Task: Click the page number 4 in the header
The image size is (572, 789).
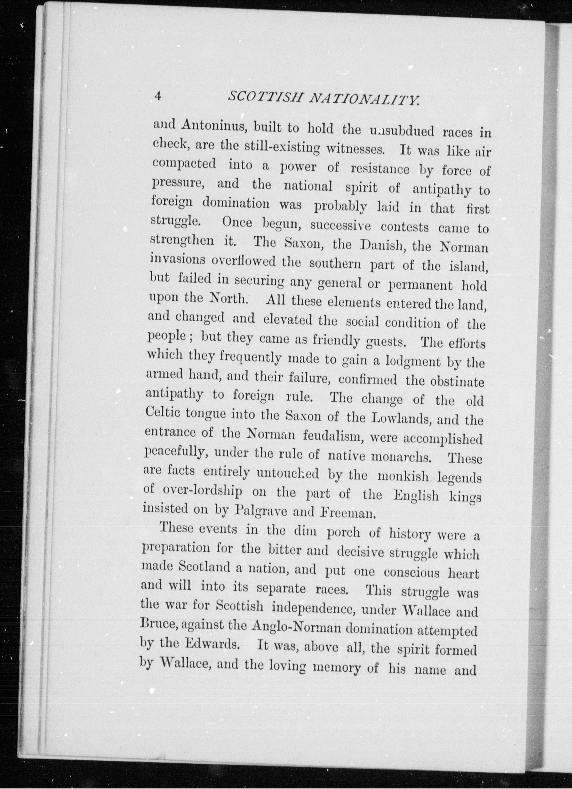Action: click(158, 96)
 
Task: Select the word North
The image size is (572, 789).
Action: click(229, 299)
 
